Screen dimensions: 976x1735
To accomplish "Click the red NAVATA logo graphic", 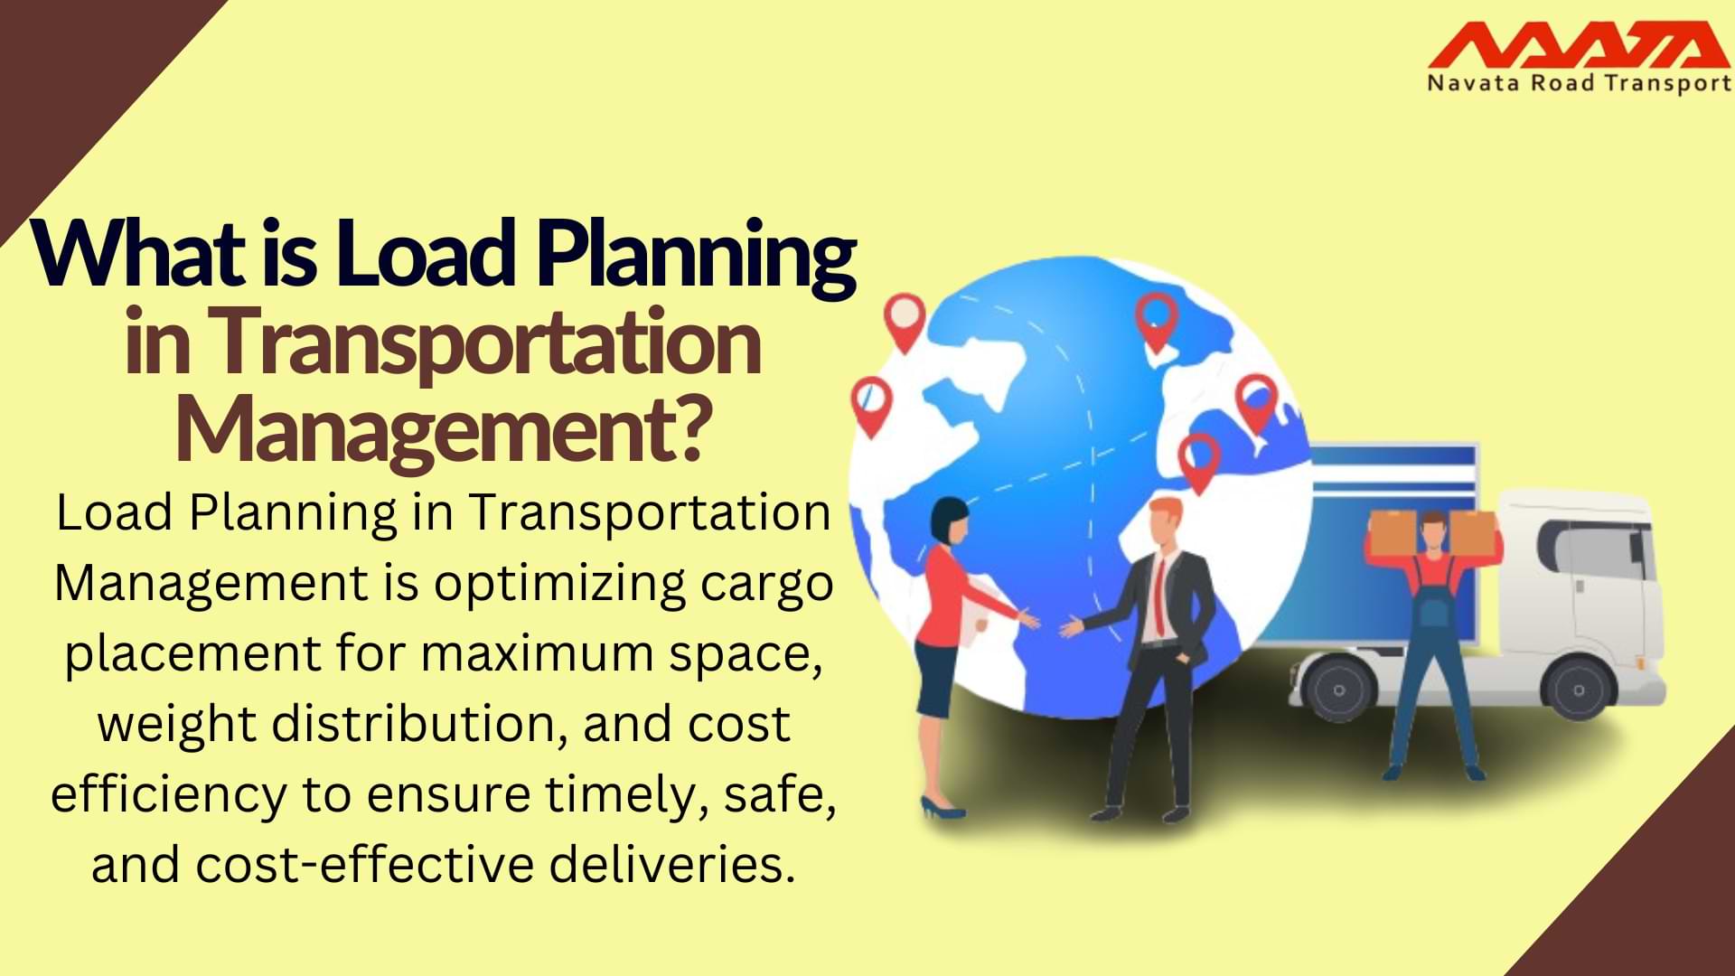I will click(x=1578, y=45).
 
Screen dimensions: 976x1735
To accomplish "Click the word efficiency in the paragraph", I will click(x=168, y=794).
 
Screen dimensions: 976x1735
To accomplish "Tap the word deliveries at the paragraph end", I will click(x=672, y=865).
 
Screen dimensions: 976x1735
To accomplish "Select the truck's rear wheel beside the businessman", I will click(x=1338, y=689).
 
